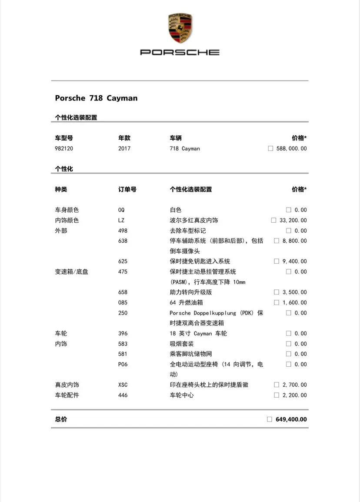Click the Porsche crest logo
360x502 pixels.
(x=180, y=28)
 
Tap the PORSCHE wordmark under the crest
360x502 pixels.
(x=180, y=53)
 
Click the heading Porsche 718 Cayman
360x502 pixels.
(x=96, y=98)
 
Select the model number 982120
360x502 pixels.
(x=64, y=149)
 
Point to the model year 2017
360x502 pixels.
(x=124, y=149)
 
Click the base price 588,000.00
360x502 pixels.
(x=291, y=149)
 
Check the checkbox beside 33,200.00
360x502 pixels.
(x=273, y=221)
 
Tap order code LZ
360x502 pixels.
(x=121, y=221)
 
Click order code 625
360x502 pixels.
(x=123, y=261)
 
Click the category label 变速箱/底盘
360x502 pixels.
(x=71, y=272)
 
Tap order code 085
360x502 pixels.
(x=123, y=303)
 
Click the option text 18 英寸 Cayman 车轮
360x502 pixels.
(x=198, y=334)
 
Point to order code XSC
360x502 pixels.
(x=123, y=385)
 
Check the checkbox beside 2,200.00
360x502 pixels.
(x=277, y=395)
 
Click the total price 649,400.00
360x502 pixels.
(x=291, y=420)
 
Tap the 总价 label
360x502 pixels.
(x=61, y=420)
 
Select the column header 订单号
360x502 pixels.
(x=127, y=190)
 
